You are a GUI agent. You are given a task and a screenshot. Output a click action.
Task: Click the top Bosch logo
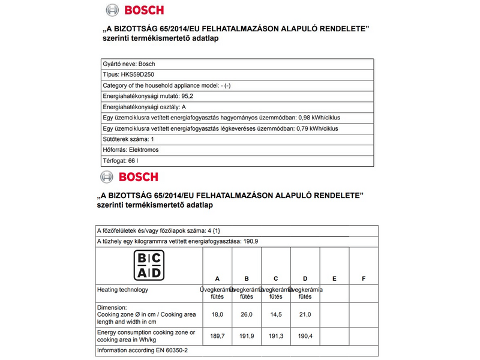[x=134, y=10]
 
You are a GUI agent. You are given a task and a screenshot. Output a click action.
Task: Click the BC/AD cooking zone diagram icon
[x=147, y=265]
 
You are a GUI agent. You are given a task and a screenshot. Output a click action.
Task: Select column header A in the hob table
[x=217, y=278]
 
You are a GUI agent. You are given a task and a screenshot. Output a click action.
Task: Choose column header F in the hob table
[x=364, y=278]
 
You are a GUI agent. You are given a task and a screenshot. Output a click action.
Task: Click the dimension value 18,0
[x=217, y=314]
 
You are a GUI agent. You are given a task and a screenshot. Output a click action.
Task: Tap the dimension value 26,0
[x=246, y=314]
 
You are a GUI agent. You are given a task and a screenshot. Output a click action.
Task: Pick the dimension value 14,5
[x=275, y=314]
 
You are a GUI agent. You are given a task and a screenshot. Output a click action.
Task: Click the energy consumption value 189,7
[x=217, y=336]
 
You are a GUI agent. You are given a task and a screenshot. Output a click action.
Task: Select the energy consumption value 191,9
[x=246, y=336]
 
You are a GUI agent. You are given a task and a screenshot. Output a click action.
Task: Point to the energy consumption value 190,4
[x=305, y=336]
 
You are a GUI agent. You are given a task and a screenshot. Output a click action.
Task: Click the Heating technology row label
[x=123, y=290]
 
